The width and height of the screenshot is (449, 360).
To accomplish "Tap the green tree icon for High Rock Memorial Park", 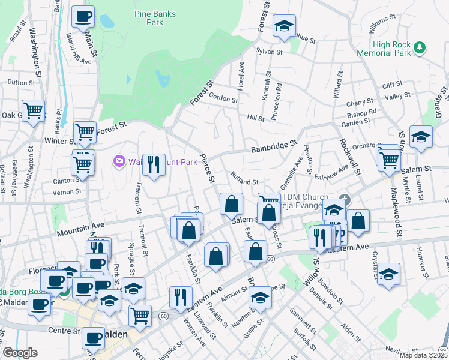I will click(x=421, y=46).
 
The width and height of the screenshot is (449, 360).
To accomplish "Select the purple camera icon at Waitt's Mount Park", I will click(x=119, y=161).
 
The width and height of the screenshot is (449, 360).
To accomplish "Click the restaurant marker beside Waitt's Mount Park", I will click(x=154, y=164).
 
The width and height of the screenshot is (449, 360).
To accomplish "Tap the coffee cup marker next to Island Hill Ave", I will click(x=83, y=16).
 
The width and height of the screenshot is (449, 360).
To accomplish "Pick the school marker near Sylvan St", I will click(x=284, y=25).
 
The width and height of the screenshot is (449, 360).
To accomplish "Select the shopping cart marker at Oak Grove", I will click(x=34, y=110).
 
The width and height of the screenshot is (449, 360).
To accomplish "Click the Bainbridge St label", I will click(x=274, y=145).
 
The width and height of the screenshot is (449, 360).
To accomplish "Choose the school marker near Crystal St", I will click(x=388, y=273).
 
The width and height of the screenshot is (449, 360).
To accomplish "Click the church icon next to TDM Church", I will click(x=344, y=198).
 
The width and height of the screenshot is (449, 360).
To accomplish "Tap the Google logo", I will click(x=20, y=352).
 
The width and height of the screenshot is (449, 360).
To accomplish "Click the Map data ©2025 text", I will click(x=421, y=355).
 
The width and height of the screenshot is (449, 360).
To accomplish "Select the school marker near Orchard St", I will click(x=421, y=136).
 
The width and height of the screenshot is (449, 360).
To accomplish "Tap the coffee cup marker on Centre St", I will click(x=93, y=338).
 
